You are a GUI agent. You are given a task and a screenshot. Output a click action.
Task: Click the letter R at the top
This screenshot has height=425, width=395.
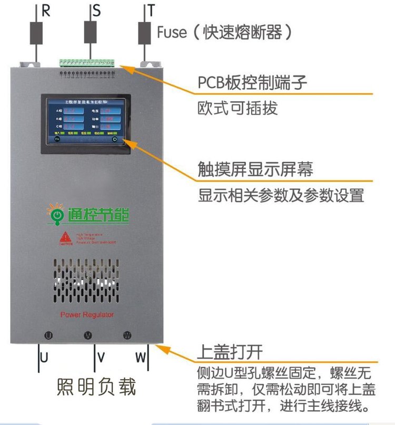point(46,11)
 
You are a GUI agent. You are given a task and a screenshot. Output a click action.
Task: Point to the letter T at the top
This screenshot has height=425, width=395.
point(152,11)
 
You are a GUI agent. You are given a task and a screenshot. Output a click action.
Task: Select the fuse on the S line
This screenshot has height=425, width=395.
point(90,32)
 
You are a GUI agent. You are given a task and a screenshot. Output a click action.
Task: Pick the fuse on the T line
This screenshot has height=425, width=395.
point(144,32)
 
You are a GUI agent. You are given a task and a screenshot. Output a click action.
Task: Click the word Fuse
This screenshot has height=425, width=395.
point(172,33)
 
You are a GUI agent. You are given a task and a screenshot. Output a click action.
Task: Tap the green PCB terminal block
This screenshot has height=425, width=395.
point(87,62)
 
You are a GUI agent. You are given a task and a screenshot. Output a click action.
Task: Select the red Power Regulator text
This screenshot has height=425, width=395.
point(87,315)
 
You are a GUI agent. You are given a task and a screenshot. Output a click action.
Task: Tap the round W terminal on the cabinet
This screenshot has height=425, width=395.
point(127,335)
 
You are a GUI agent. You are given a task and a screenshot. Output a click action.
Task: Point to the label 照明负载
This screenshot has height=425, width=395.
point(96,388)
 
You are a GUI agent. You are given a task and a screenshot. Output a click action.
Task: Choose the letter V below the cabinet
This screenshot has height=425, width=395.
point(101,357)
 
